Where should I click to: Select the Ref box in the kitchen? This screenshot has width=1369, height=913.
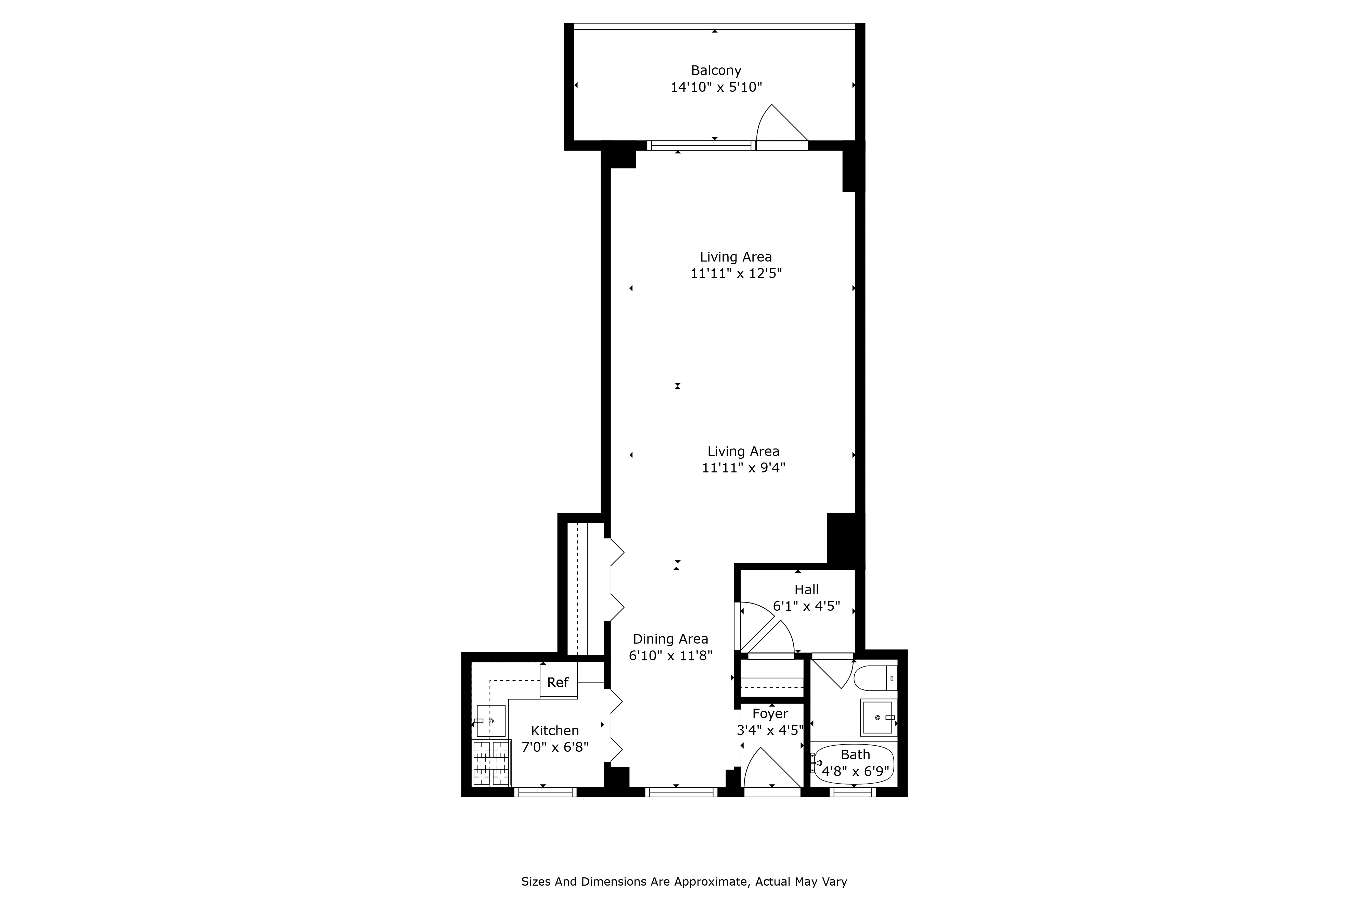click(x=558, y=682)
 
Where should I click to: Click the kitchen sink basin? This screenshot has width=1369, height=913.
click(x=491, y=721)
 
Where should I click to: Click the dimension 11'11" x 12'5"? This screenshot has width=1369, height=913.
click(x=736, y=274)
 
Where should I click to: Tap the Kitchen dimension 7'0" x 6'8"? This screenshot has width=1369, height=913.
click(x=555, y=747)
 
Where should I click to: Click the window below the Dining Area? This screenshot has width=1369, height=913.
click(x=681, y=792)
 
